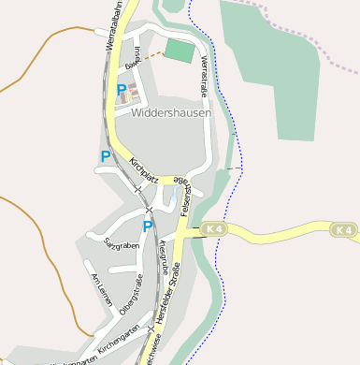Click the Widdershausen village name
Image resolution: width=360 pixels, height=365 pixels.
(172, 112)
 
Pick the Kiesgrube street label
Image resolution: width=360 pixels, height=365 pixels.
(164, 256)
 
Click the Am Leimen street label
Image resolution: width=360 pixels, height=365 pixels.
(100, 289)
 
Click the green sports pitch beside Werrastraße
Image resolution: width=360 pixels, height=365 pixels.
(180, 51)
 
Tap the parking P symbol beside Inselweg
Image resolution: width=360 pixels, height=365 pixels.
(122, 92)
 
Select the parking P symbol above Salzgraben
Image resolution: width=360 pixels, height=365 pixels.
(147, 226)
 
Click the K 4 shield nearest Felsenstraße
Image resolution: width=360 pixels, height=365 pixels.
(214, 228)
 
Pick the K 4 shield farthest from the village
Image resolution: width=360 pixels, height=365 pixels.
(343, 229)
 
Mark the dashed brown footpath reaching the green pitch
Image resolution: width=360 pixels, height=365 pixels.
(151, 58)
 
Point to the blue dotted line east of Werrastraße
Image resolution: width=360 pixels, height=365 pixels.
(224, 140)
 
